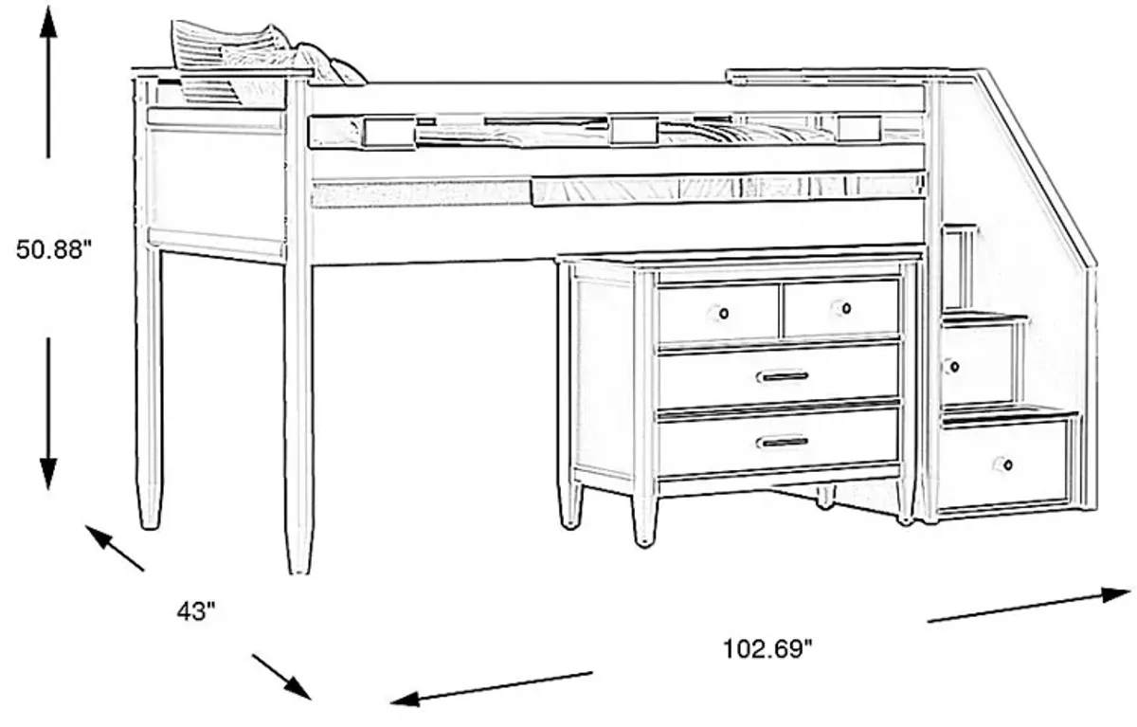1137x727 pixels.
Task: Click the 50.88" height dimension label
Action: point(53,250)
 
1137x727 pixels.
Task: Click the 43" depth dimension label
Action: point(197,612)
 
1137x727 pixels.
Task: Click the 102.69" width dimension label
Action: point(768,649)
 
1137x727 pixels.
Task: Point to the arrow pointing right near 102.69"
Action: point(1028,607)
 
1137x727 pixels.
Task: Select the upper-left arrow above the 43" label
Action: point(114,548)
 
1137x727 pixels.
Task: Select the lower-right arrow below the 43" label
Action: point(281,676)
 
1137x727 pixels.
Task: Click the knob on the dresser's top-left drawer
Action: point(723,313)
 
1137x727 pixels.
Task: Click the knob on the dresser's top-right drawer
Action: point(844,308)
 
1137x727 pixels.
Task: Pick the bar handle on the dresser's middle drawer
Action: point(783,376)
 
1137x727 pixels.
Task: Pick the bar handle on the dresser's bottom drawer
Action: point(783,442)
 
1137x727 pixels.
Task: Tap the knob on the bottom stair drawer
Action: point(1003,464)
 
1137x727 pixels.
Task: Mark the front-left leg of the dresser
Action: point(644,512)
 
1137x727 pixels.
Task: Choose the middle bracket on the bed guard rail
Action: point(634,130)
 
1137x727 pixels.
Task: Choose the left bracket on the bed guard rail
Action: point(387,133)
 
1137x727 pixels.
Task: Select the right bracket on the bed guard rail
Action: point(857,128)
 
